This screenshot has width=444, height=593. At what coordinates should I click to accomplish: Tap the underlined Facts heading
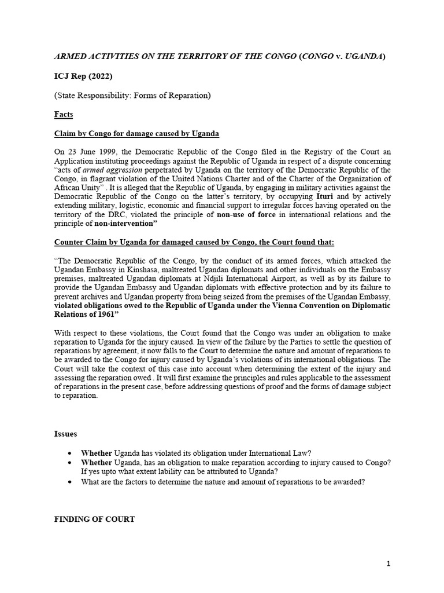coord(64,114)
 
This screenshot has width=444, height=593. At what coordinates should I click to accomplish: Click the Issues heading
coord(65,434)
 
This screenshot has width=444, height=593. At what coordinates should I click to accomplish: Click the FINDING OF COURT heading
coord(94,519)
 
